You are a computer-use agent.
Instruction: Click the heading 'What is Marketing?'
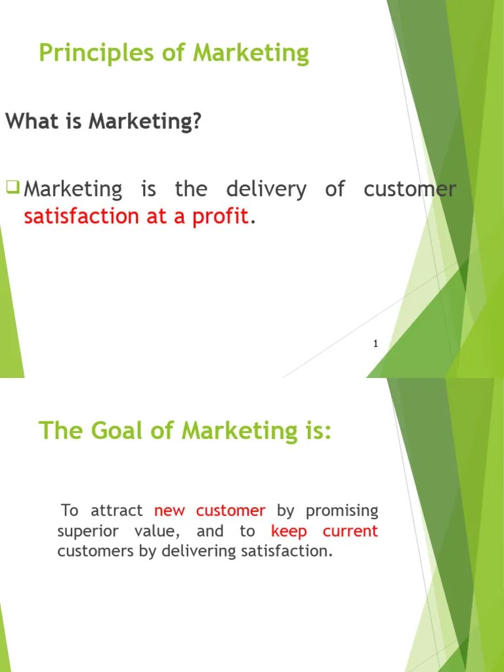103,121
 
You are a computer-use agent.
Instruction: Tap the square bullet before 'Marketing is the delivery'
12,188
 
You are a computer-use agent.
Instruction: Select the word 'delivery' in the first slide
266,190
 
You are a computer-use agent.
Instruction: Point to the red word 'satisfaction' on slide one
81,217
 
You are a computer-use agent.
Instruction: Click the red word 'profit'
220,217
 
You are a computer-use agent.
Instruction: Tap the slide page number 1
375,344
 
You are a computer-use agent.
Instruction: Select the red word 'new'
169,511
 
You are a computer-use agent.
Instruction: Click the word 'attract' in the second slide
117,511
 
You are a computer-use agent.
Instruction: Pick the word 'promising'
342,511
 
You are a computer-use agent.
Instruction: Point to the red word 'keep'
289,531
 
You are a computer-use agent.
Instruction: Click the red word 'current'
350,531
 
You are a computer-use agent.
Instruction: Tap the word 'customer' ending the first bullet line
409,190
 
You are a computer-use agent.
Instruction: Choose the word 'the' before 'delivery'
191,190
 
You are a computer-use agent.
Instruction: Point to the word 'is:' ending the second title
315,430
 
